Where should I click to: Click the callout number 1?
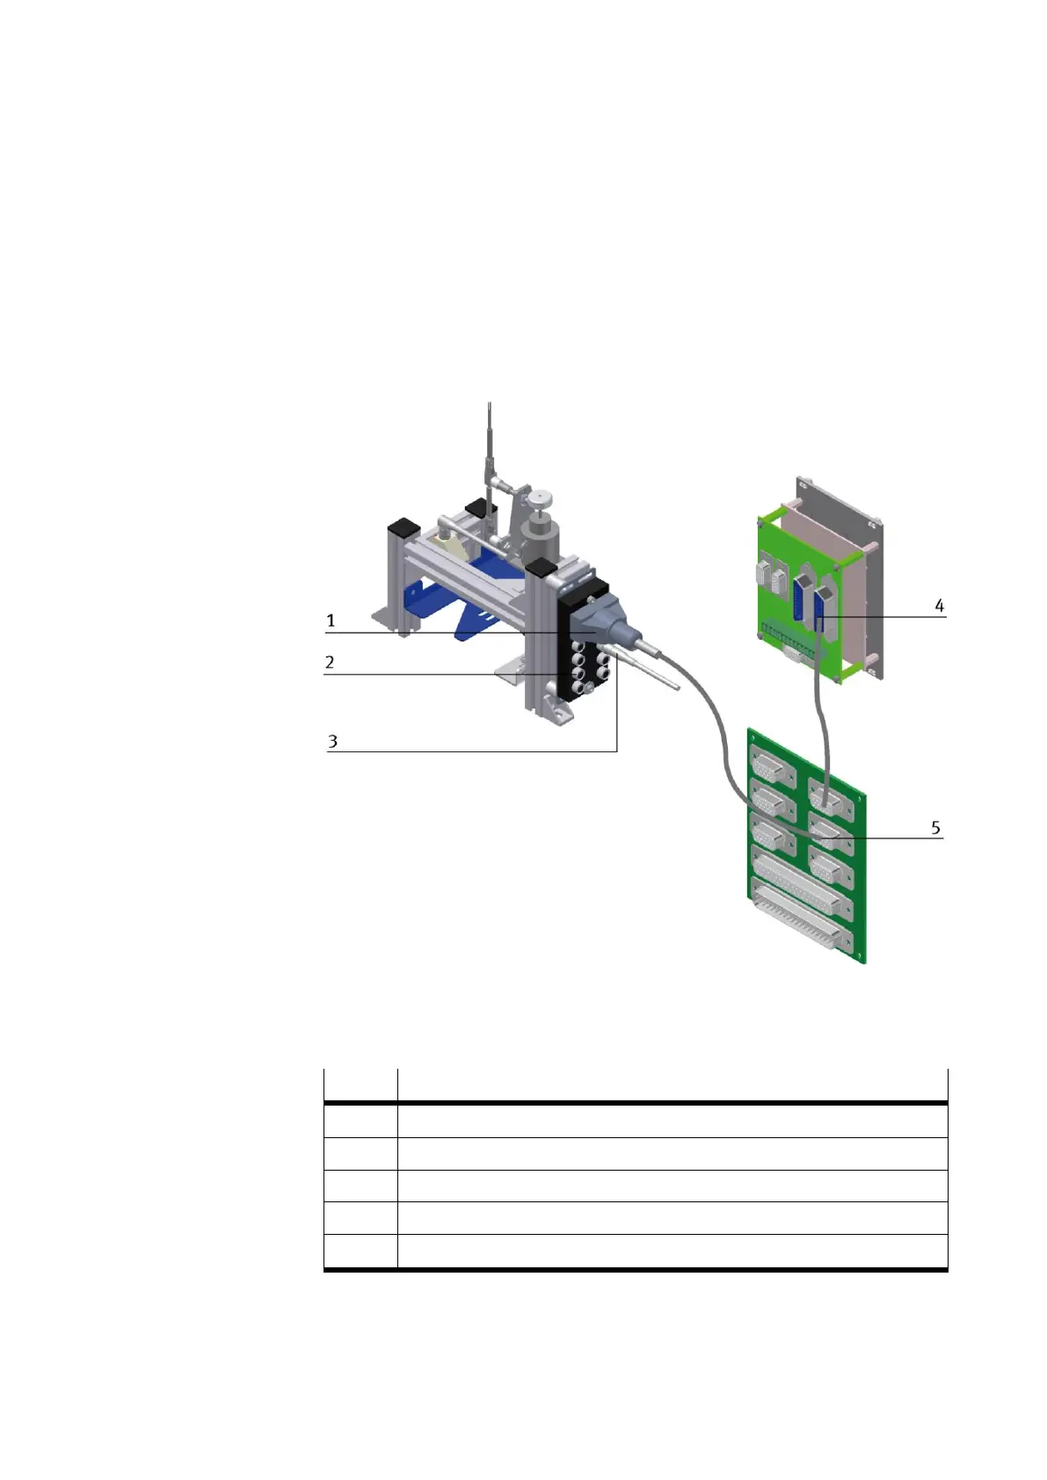tap(331, 620)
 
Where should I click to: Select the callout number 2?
tap(329, 662)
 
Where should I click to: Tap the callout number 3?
tap(332, 742)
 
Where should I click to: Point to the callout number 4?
tap(939, 606)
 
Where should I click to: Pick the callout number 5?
tap(935, 827)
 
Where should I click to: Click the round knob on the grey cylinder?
tap(545, 496)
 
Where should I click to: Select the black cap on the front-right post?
tap(540, 567)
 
